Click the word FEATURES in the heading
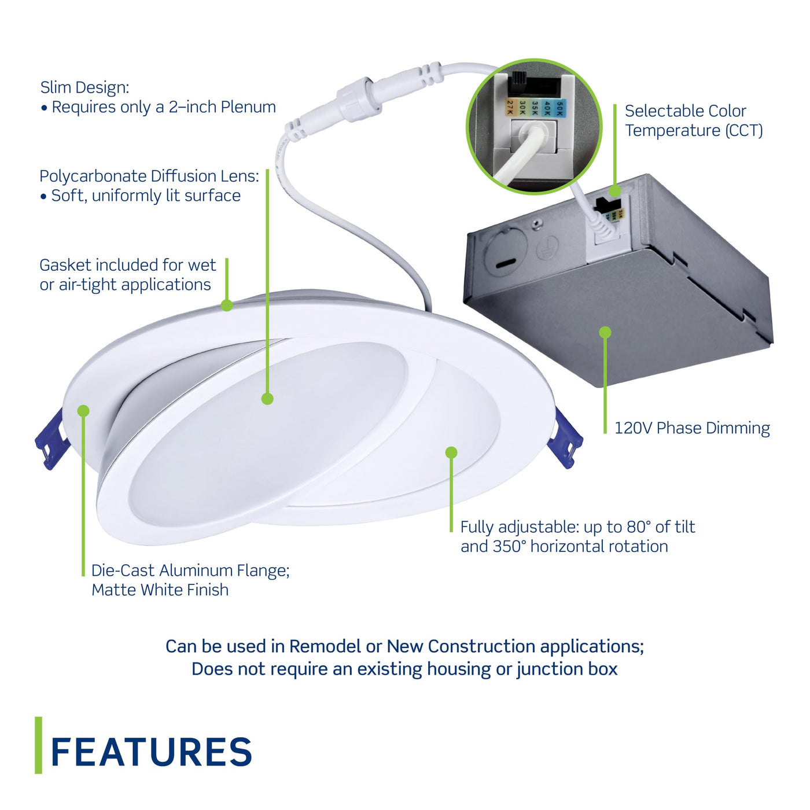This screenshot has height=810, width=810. click(152, 752)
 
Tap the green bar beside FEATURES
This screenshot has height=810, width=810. click(39, 745)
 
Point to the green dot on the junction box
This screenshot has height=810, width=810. click(605, 332)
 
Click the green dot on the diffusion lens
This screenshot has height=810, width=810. click(267, 399)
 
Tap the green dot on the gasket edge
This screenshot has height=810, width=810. click(227, 305)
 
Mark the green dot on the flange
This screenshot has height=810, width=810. click(83, 411)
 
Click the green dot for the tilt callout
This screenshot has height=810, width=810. click(452, 452)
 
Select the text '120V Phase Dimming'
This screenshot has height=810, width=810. click(692, 428)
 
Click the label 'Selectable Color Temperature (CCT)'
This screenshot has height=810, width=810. click(693, 120)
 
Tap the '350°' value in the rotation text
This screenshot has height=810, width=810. click(509, 547)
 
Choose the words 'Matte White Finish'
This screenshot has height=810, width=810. click(160, 590)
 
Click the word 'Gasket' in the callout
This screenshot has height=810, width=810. click(65, 265)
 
